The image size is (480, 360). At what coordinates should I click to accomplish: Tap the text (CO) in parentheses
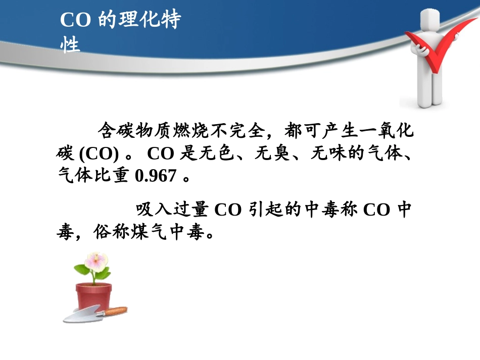99,153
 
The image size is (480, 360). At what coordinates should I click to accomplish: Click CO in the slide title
75,21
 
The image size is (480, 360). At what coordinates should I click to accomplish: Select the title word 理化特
151,21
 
